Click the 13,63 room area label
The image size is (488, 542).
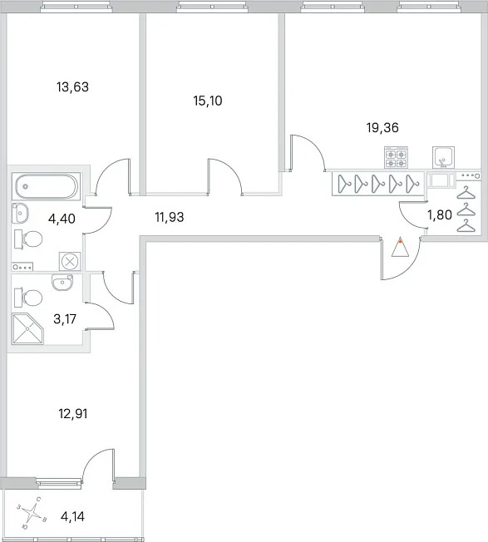click(72, 86)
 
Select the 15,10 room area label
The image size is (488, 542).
click(207, 101)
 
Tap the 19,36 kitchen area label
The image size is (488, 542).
click(382, 127)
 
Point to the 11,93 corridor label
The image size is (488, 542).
click(170, 217)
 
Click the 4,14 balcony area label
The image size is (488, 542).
click(72, 516)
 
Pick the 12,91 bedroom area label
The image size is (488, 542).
click(73, 413)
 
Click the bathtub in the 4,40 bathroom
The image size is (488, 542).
click(47, 187)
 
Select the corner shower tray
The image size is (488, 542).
click(27, 328)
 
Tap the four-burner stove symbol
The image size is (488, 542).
click(396, 158)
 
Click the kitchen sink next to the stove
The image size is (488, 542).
click(443, 158)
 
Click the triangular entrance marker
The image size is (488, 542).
click(400, 247)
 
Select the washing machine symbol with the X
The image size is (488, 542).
click(70, 261)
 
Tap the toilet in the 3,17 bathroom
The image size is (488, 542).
click(28, 298)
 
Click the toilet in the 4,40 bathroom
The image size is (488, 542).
click(28, 239)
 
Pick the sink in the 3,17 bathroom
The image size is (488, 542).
click(62, 283)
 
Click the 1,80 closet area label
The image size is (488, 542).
click(440, 215)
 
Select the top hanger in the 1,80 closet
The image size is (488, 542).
click(466, 193)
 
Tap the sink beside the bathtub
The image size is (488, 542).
click(20, 214)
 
